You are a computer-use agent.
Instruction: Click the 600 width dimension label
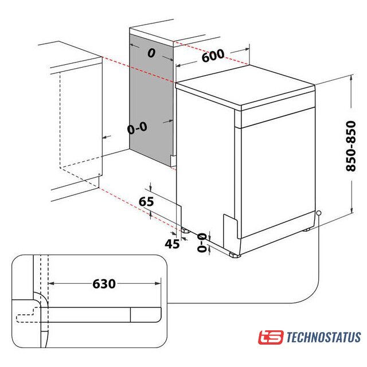tap(213, 56)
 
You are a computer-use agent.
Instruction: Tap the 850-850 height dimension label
tap(351, 146)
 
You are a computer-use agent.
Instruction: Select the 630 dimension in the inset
tap(104, 284)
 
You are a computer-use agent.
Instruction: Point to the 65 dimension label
tap(146, 201)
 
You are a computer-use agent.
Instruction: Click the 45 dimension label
tap(172, 244)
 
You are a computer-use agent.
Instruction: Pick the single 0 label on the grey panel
tap(151, 53)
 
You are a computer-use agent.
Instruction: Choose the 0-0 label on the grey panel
tap(137, 128)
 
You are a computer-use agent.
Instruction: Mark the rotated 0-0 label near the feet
tap(202, 243)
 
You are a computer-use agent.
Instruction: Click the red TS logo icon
tap(271, 337)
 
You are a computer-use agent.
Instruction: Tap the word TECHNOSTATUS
tap(323, 337)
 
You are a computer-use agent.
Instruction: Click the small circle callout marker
tap(318, 213)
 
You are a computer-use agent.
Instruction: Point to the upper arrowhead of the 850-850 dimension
tap(352, 78)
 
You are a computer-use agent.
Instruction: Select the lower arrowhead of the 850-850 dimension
tap(352, 210)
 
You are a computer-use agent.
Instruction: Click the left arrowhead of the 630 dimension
tap(51, 283)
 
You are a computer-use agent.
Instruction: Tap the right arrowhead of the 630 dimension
tap(158, 283)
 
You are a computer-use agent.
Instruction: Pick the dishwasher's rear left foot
tap(185, 231)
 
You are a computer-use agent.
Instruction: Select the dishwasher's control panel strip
tap(278, 116)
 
